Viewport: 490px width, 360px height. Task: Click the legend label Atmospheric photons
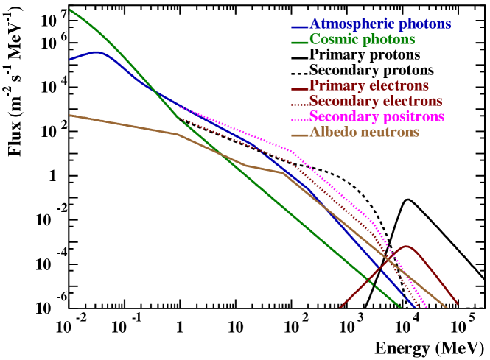[379, 24]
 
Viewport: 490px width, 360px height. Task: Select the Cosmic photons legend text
[362, 40]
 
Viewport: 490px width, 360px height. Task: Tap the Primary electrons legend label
[368, 86]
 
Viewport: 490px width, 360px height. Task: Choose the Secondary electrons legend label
[375, 101]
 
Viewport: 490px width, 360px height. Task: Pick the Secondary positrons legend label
[377, 117]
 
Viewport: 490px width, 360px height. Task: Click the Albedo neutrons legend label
[364, 133]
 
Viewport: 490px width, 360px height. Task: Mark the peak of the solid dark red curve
[406, 247]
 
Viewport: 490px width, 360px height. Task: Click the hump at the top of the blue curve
[97, 52]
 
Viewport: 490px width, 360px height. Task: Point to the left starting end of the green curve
[70, 10]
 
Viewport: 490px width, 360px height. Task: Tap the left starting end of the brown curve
[70, 115]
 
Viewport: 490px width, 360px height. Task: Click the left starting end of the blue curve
[70, 60]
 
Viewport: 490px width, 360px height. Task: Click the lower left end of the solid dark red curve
[340, 308]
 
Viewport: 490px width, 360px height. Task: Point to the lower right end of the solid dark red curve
[458, 303]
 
